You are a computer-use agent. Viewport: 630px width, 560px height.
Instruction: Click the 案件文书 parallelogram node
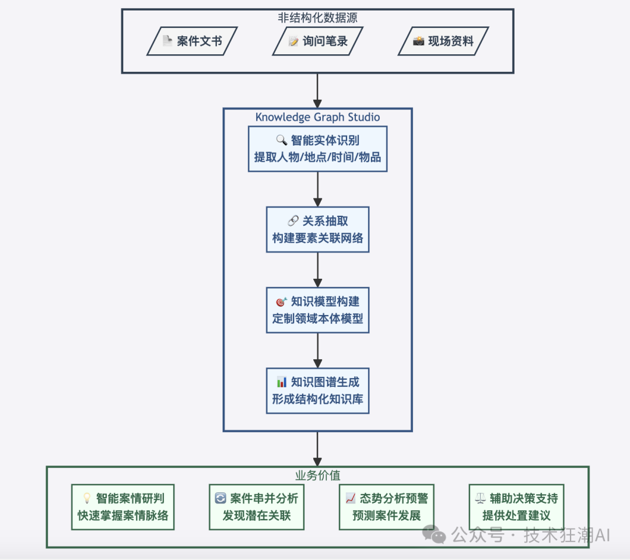click(192, 41)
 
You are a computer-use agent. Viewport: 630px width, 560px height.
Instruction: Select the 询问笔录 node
click(317, 41)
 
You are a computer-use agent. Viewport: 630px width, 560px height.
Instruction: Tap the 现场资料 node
click(443, 41)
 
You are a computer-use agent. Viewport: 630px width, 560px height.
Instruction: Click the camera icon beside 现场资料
click(418, 41)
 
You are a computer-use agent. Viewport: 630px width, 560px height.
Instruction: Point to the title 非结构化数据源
click(317, 17)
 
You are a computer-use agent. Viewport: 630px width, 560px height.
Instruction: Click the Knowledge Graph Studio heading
click(317, 117)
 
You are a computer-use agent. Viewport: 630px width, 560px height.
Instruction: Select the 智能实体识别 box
click(317, 149)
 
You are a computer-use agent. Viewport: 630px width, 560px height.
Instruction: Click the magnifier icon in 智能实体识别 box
click(281, 141)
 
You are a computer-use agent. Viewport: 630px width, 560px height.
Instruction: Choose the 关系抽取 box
click(317, 229)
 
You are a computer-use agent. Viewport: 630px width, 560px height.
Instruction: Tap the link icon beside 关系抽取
click(293, 221)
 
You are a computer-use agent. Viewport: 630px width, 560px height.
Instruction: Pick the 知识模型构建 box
click(317, 310)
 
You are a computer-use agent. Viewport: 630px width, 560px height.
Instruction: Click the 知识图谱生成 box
click(317, 391)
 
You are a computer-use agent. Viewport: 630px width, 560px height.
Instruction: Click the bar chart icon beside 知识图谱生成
click(281, 383)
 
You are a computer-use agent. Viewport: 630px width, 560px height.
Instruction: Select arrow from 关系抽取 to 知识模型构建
click(317, 269)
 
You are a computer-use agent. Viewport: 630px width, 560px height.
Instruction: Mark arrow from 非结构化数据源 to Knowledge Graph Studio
click(317, 90)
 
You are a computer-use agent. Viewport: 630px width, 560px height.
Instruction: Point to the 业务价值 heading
click(317, 475)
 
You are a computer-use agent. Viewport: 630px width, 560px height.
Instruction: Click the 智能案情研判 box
click(123, 507)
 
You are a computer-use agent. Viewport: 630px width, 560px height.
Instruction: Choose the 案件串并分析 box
click(257, 507)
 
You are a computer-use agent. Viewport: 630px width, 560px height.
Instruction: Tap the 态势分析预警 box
click(386, 507)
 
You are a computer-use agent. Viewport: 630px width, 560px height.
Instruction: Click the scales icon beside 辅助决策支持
click(480, 499)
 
